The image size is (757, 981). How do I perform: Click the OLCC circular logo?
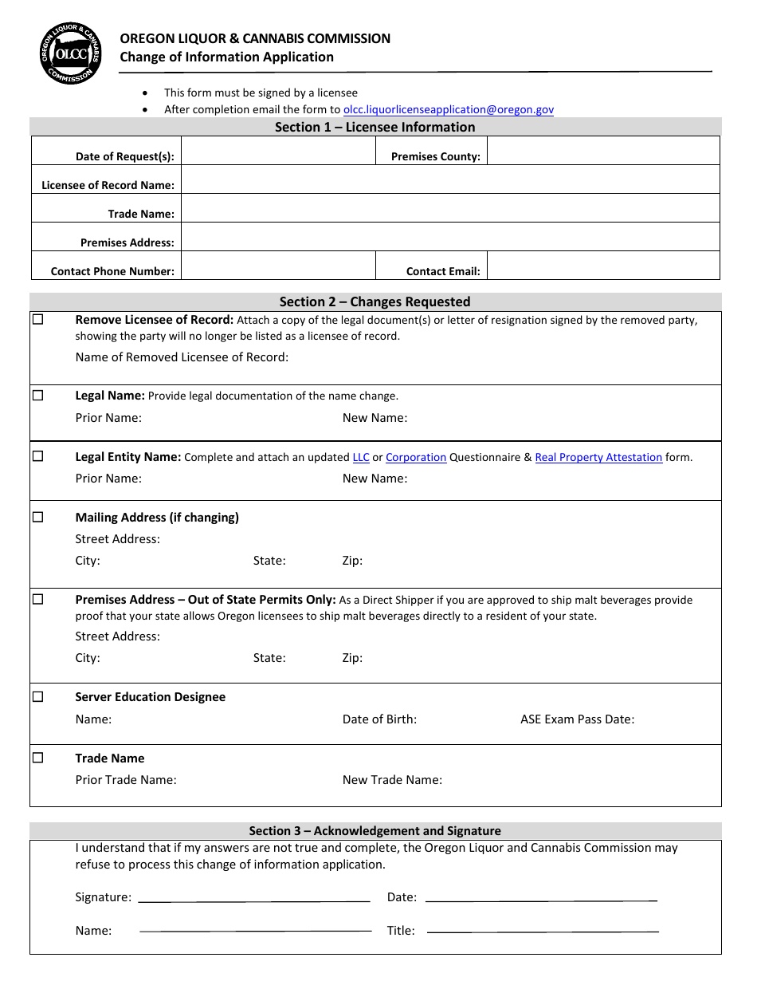click(71, 53)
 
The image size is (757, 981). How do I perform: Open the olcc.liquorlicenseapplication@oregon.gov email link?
click(448, 110)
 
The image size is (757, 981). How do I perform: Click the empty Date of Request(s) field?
click(278, 151)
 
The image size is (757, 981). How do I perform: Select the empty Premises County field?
click(602, 151)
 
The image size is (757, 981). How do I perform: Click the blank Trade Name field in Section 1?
click(450, 208)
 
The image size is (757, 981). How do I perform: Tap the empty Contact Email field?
click(602, 266)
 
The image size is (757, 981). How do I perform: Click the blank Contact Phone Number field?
click(278, 266)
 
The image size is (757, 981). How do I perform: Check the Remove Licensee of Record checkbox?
click(38, 320)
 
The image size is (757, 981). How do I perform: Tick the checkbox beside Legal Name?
click(38, 396)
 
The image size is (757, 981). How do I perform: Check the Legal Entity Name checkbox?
click(38, 457)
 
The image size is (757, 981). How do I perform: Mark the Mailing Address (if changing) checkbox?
click(38, 517)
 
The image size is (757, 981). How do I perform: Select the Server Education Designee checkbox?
click(38, 696)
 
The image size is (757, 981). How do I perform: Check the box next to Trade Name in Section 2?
click(38, 758)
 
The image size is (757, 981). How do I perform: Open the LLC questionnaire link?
click(361, 458)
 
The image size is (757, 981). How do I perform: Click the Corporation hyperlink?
click(416, 458)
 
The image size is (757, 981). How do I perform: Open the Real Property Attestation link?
click(598, 458)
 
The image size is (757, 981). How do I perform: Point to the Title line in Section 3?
click(542, 930)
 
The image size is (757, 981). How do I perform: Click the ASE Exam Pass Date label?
click(577, 719)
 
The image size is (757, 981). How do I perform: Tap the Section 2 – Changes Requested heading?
click(375, 301)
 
